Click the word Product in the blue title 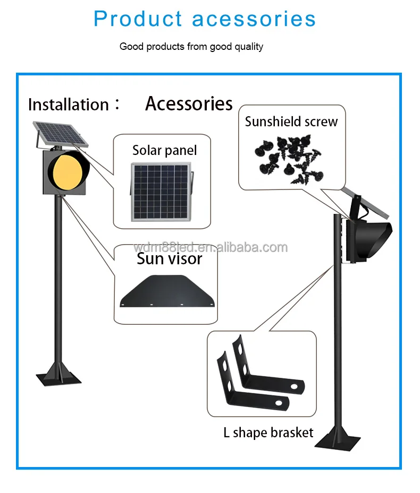138,19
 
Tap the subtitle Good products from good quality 191,47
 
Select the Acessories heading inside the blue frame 189,103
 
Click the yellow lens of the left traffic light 68,171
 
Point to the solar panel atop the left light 61,134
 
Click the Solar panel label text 164,150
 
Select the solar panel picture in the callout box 161,192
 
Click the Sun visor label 170,259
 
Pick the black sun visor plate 167,291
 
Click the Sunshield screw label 291,122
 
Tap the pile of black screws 289,159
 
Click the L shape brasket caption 268,433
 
